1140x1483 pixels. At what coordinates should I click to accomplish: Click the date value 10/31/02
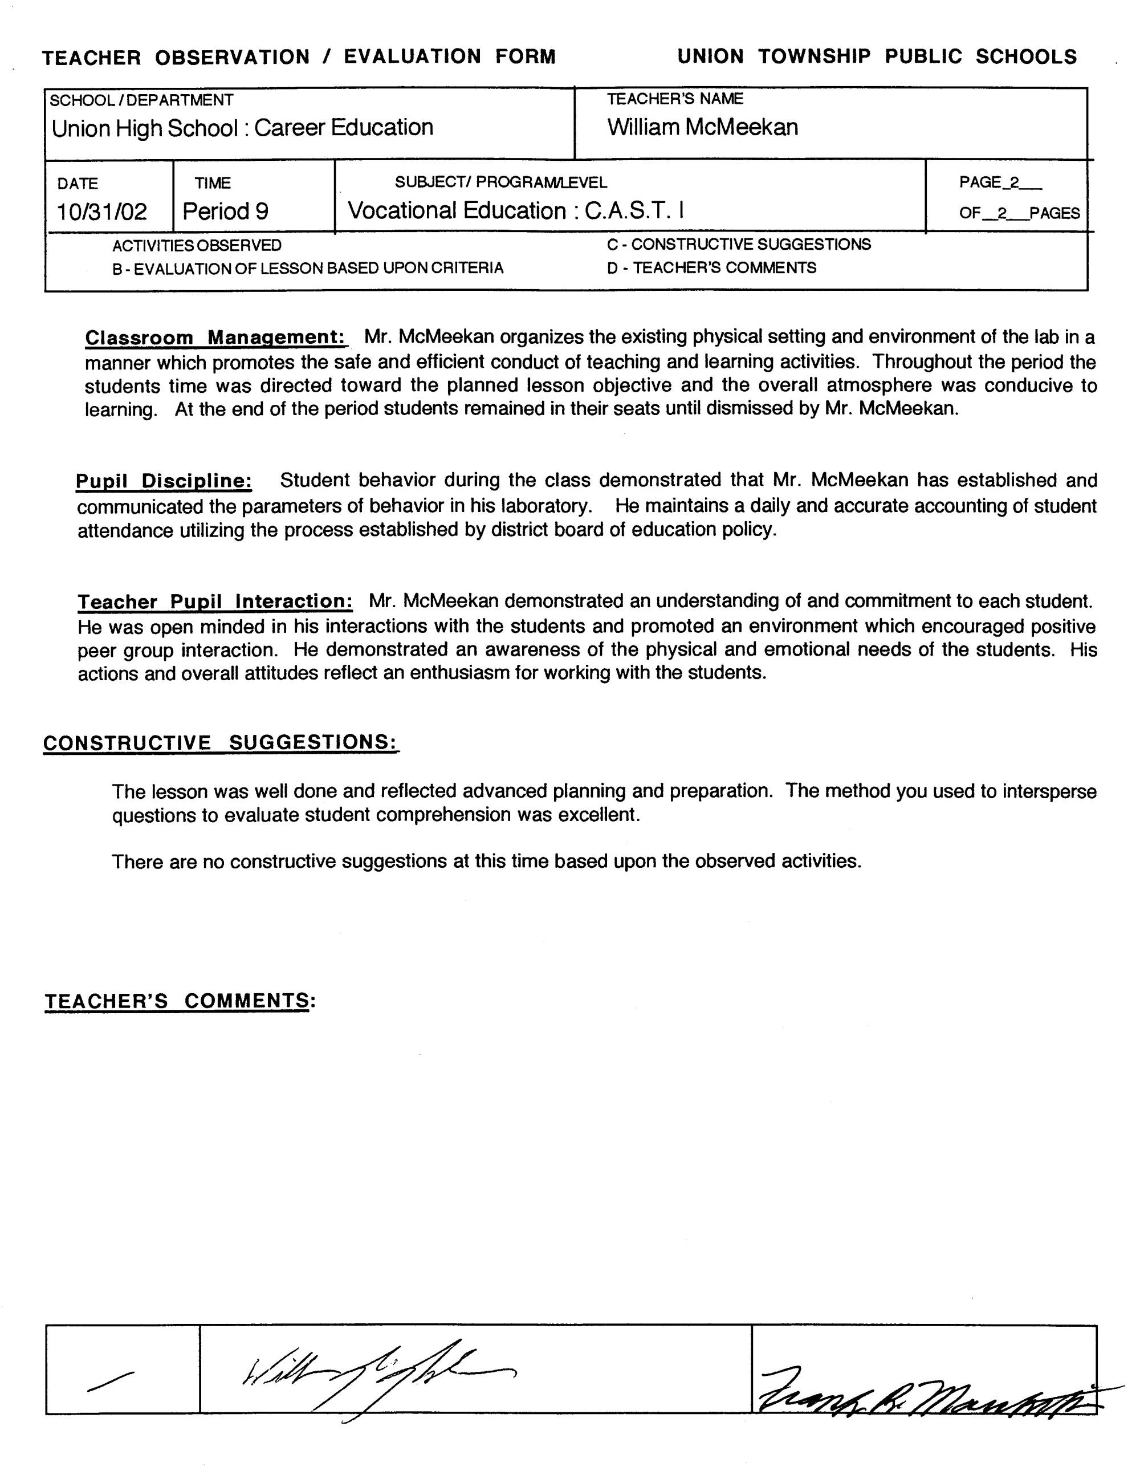[x=102, y=212]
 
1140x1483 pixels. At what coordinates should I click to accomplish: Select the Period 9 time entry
[x=225, y=212]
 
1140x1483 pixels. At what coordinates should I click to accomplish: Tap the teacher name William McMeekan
[x=702, y=128]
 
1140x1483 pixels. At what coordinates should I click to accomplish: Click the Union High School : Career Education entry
[x=242, y=128]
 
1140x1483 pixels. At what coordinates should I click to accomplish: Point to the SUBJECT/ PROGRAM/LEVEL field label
[x=501, y=182]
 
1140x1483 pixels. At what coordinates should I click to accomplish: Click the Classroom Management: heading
[x=216, y=338]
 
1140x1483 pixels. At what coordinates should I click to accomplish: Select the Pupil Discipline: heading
[x=164, y=481]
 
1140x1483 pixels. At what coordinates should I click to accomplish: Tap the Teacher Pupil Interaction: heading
[x=214, y=602]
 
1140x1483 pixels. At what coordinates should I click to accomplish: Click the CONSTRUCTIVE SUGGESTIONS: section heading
[x=221, y=742]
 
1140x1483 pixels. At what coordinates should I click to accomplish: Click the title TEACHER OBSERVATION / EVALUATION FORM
[x=299, y=57]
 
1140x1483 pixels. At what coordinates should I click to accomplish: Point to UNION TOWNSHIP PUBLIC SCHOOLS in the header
[x=877, y=56]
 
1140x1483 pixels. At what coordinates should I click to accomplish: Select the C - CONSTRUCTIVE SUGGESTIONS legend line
[x=738, y=245]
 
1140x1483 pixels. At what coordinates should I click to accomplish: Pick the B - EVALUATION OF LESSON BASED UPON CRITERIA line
[x=308, y=269]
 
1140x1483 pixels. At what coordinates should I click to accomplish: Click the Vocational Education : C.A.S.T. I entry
[x=516, y=211]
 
